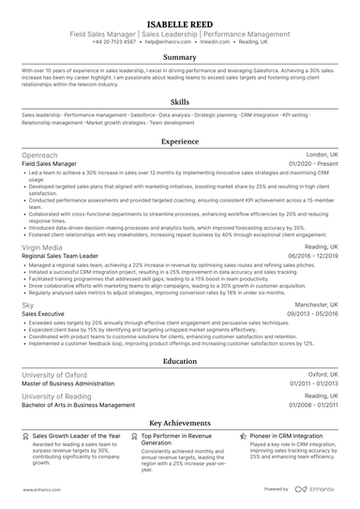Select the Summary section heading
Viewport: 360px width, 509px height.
(180, 56)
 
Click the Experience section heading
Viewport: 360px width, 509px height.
(180, 142)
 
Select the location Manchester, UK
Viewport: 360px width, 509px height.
(314, 306)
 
